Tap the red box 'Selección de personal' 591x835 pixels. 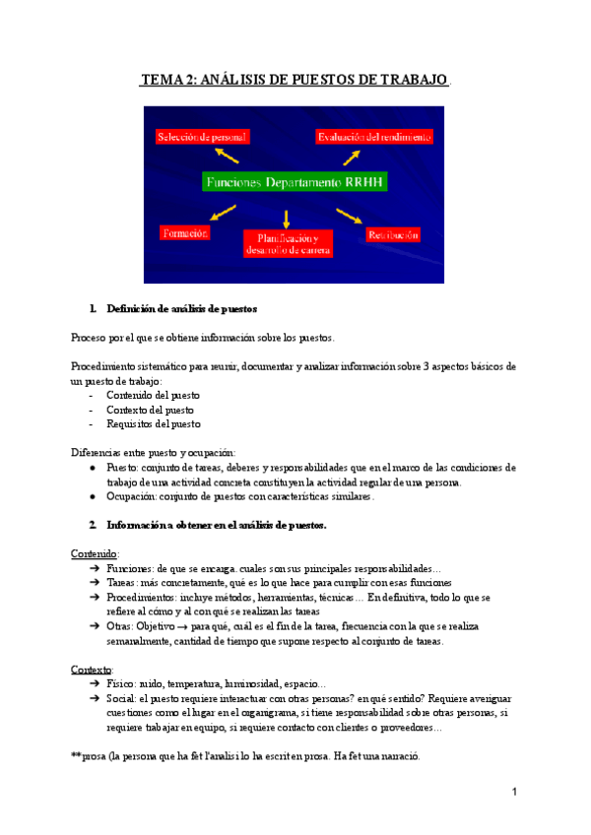click(x=201, y=137)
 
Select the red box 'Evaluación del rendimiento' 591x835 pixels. click(x=373, y=137)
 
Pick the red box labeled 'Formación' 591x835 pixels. click(x=184, y=232)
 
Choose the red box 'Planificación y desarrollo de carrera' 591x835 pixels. click(x=288, y=244)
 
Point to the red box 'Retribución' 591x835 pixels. click(x=393, y=234)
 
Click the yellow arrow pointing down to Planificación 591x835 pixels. click(x=287, y=218)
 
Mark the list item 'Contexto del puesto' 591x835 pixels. click(x=151, y=410)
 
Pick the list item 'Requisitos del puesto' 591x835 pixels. click(x=154, y=424)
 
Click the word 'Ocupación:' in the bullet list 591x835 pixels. click(x=135, y=496)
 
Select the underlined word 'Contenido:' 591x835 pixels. click(x=95, y=553)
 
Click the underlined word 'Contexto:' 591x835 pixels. click(x=93, y=670)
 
